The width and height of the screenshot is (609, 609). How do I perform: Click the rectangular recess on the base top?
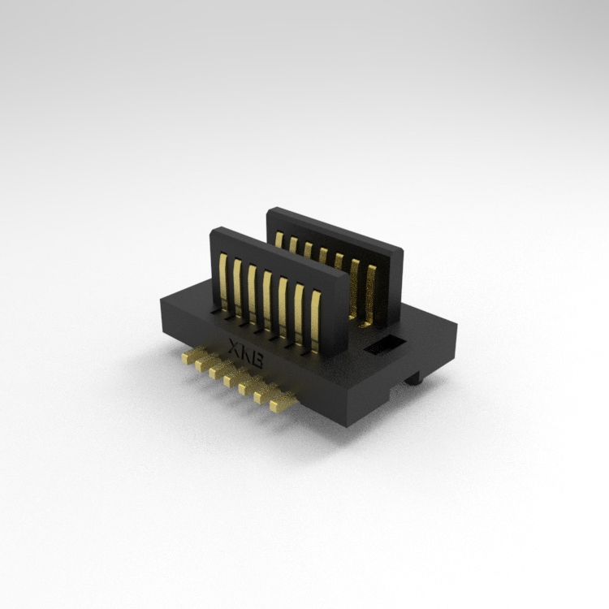click(385, 345)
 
